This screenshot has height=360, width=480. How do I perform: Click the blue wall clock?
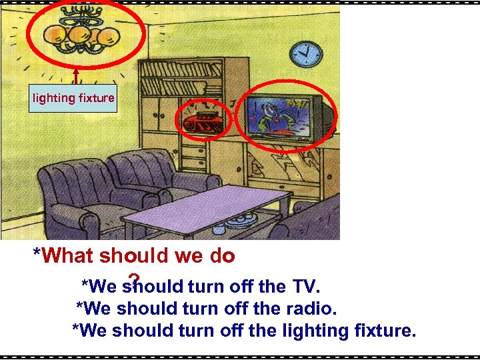[x=307, y=50]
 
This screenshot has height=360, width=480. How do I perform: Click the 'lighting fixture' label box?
[x=74, y=99]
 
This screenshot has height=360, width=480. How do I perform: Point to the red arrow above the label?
[x=77, y=75]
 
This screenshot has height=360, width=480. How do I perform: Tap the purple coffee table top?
[x=203, y=203]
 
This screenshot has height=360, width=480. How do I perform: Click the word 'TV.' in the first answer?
[x=306, y=287]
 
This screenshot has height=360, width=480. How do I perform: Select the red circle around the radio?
[x=203, y=120]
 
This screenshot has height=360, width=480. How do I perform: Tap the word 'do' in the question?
[x=221, y=256]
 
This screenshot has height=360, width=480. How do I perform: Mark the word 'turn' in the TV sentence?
[x=206, y=287]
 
